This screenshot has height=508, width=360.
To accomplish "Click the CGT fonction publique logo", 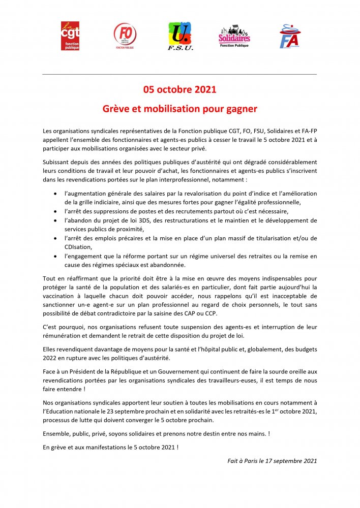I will pos(70,36).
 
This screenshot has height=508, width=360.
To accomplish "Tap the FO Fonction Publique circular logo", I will pos(125,36).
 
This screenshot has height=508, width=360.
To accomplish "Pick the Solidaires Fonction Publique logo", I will pos(234,36).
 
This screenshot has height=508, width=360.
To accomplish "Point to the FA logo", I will pos(290,36).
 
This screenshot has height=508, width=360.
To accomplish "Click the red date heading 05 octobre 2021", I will pos(179,90).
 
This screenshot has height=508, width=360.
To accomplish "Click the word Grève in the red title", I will pos(115,109).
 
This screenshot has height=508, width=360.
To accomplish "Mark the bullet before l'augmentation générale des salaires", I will pos(55,194).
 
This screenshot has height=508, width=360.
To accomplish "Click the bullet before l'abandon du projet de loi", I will pos(55,220).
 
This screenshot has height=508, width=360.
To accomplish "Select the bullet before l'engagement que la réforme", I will pos(55,256).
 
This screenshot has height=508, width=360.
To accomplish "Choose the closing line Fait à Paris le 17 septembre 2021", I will pos(272,461).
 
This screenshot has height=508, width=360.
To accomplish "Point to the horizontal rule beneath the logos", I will pos(179,74).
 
